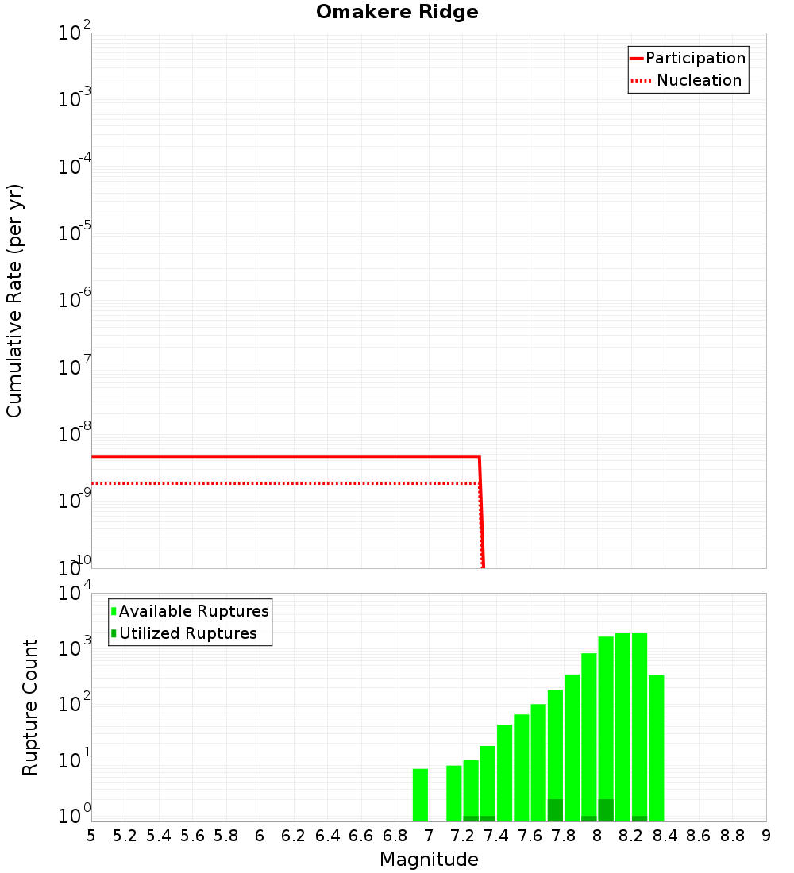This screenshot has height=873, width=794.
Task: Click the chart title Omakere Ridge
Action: (x=397, y=13)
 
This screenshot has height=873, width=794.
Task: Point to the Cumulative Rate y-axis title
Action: (x=14, y=301)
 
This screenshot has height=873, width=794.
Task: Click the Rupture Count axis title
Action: (x=30, y=707)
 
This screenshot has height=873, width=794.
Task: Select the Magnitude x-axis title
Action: (x=429, y=860)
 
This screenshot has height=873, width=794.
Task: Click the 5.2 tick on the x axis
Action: (x=125, y=836)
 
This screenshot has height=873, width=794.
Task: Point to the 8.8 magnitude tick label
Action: (x=732, y=836)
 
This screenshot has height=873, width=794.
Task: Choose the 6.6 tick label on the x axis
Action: (x=361, y=836)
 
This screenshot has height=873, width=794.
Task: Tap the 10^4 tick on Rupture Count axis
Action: (x=75, y=594)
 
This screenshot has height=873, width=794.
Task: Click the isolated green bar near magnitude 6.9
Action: (x=420, y=794)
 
